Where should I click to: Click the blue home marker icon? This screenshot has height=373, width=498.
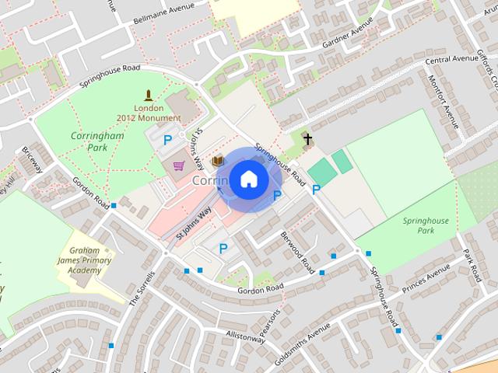[247, 179]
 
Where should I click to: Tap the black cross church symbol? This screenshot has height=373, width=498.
[307, 140]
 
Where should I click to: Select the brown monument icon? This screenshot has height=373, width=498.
[148, 96]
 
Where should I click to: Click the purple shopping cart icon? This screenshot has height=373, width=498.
[180, 166]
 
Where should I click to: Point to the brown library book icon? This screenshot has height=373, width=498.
[218, 161]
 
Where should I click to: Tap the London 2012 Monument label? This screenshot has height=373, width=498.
[148, 113]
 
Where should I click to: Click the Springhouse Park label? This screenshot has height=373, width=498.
[426, 225]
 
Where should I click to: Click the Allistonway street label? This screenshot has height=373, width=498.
[245, 336]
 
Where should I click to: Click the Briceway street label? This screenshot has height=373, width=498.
[33, 159]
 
